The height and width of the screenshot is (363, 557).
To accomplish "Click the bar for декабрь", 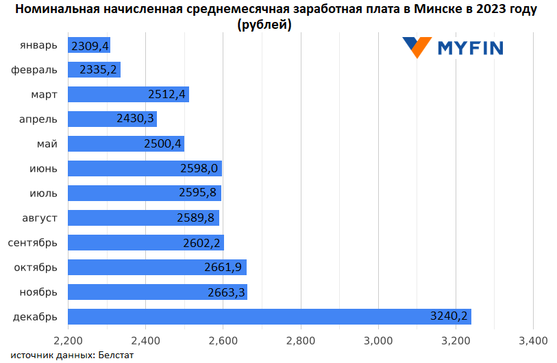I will [269, 316].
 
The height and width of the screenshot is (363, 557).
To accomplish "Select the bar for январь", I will [89, 45].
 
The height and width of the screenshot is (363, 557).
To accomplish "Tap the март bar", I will [128, 94].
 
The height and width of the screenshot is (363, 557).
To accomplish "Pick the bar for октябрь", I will [157, 267].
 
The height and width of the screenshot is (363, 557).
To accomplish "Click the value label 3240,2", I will [449, 316].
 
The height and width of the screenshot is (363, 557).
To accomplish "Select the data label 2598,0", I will [199, 168].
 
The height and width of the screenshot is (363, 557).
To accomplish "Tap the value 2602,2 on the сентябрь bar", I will [201, 242].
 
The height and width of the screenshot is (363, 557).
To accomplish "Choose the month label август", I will [40, 218].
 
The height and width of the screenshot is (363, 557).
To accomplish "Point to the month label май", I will [47, 143].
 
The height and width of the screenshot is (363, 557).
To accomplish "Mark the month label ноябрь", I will [38, 292].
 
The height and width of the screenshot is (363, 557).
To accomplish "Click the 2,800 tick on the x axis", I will [300, 340].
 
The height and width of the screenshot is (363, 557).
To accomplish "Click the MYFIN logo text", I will [471, 47].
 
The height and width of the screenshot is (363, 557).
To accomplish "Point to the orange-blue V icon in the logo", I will [417, 47].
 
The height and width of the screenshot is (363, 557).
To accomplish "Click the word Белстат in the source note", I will [116, 355].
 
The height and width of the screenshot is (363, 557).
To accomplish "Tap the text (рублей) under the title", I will [264, 25].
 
